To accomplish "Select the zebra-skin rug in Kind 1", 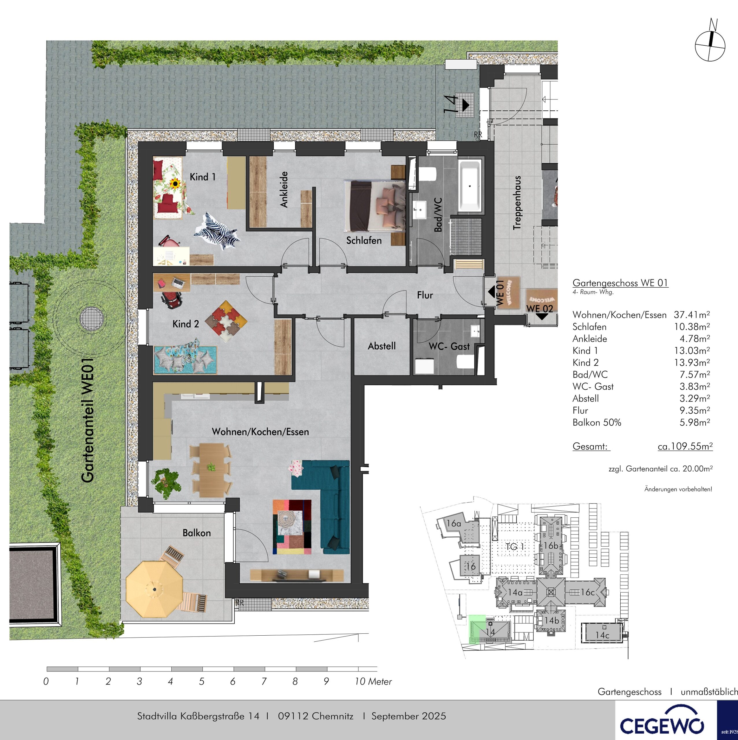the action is pos(217,231).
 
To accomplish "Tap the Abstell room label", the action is pos(382,346).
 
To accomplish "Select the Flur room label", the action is pos(425,295).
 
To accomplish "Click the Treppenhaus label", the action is pos(517,203).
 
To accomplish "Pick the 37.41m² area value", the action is pos(692,314).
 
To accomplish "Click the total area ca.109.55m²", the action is pos(685,446).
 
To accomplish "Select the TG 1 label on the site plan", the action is pos(514,547).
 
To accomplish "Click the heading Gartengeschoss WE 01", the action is pos(620,283).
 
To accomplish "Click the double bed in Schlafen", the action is pos(375,206).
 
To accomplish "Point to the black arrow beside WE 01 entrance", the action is pos(491,292).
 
